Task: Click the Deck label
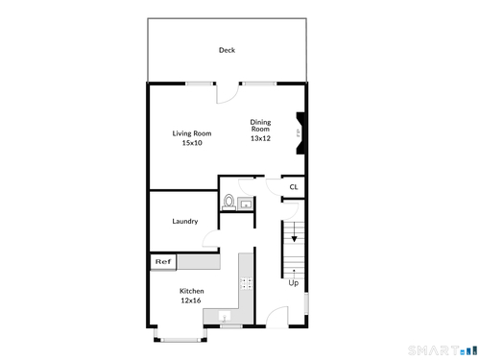coord(227,50)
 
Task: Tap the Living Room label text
coord(192,133)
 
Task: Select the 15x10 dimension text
coord(192,143)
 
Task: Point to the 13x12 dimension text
coord(260,138)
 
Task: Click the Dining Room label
coord(260,126)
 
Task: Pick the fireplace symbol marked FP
coord(300,133)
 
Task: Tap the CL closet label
coord(294,187)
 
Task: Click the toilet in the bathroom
coord(228,203)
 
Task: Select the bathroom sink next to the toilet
coord(246,204)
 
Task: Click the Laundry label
coord(185,221)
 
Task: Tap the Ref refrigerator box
coord(163,262)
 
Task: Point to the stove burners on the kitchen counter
coord(246,283)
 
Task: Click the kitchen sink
coord(225,317)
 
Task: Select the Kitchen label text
coord(192,291)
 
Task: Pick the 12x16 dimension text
coord(191,300)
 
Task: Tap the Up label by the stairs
coord(294,283)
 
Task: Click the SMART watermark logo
coord(443,350)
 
